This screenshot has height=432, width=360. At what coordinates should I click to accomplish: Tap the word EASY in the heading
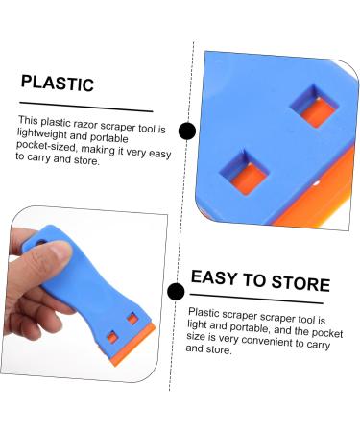pyautogui.click(x=217, y=281)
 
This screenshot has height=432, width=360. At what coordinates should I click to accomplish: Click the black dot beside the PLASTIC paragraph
pyautogui.click(x=186, y=132)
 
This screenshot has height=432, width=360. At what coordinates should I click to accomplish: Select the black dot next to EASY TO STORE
pyautogui.click(x=176, y=292)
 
